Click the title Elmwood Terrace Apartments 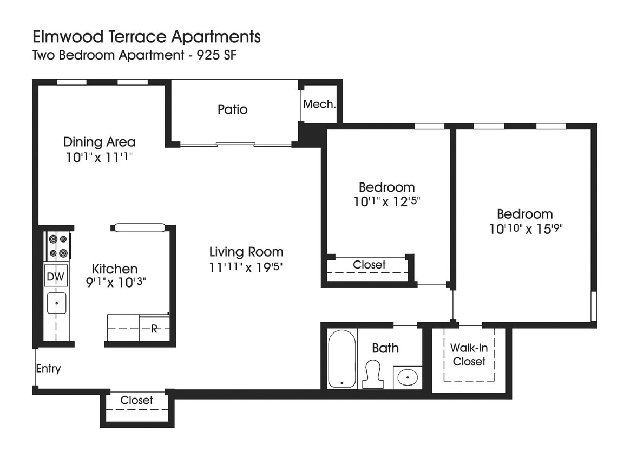[147, 37]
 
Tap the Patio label [232, 109]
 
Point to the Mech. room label [319, 104]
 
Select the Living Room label [246, 252]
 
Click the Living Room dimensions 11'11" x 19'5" [246, 267]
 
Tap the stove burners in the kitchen [57, 245]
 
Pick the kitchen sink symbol [56, 303]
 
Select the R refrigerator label [154, 329]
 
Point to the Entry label [48, 369]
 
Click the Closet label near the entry [136, 400]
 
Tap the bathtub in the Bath [342, 358]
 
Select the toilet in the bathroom [372, 374]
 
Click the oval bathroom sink [406, 377]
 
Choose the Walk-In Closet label [469, 355]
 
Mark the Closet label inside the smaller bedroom [369, 265]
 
